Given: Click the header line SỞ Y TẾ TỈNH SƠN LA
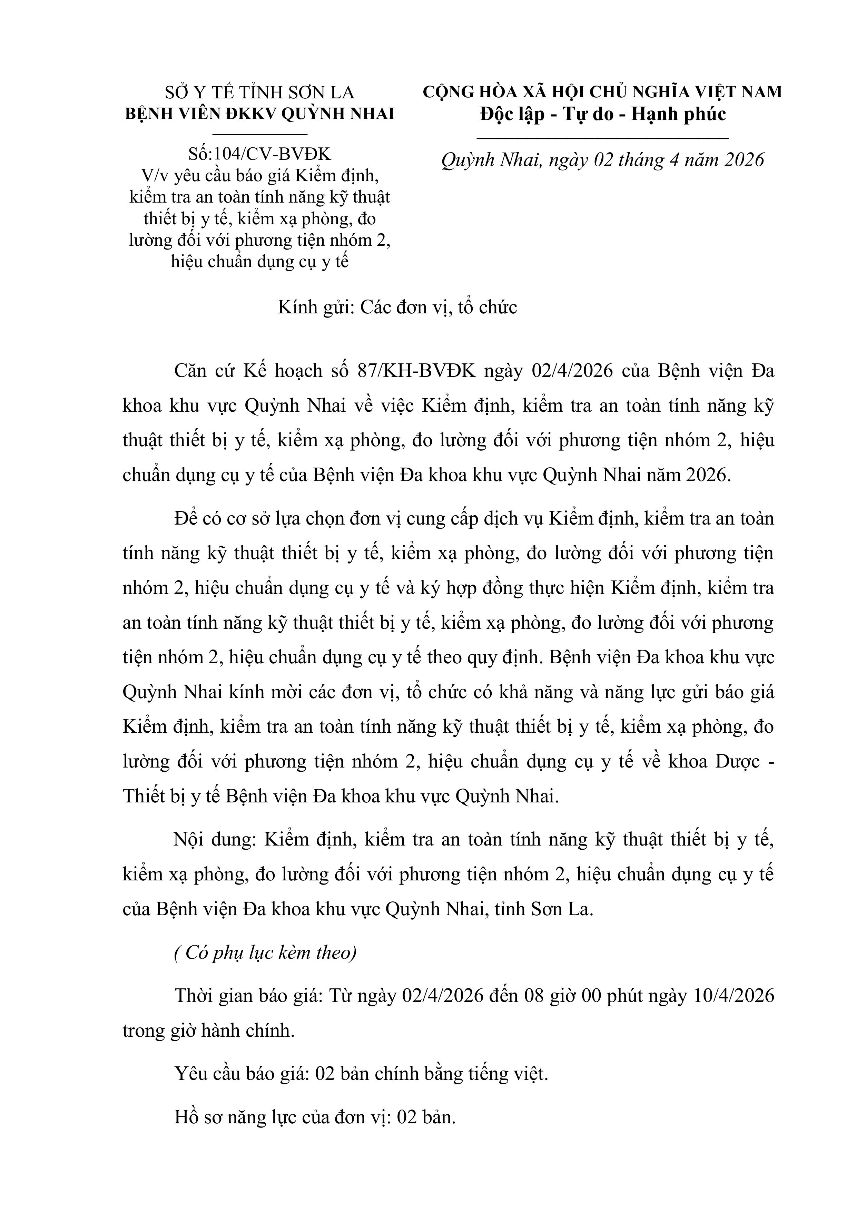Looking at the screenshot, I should pos(259,93).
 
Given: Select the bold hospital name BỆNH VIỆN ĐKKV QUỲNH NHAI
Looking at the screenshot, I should pos(259,114).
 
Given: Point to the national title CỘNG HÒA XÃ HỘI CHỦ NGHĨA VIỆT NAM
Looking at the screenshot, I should pos(602,92).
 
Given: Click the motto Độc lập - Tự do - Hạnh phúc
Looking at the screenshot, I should pos(602,114).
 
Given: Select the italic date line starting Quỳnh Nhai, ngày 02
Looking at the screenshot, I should pos(602,160).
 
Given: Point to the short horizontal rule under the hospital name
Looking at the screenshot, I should pos(259,135).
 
